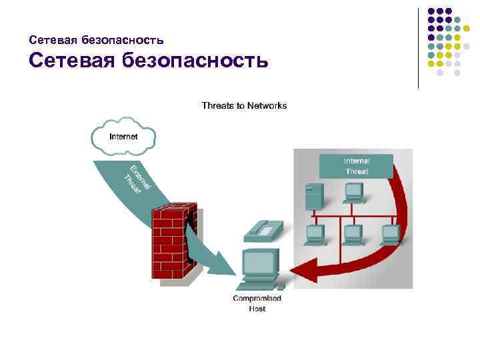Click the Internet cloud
coord(123,136)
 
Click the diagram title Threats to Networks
coord(244,105)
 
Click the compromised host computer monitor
coord(261,263)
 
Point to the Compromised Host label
coord(257,303)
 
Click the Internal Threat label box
coord(356,166)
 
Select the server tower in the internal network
coord(312,196)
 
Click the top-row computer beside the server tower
coord(353,192)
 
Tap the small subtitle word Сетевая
coord(53,40)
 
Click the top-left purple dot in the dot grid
coord(431,11)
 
